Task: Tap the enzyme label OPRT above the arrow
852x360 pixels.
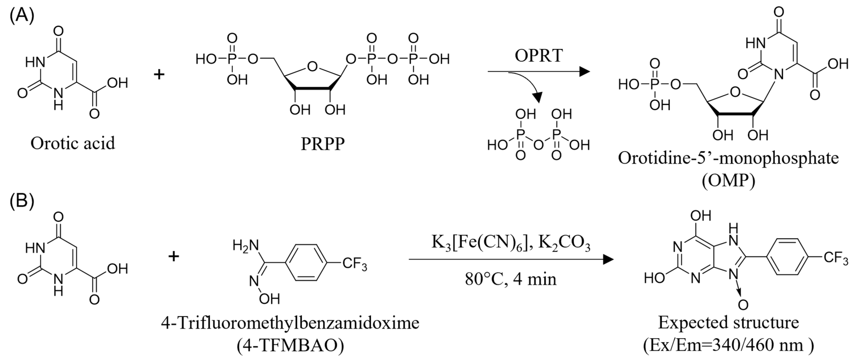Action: [538, 56]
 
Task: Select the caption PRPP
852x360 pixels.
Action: [322, 144]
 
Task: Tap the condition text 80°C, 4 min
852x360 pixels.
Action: [511, 279]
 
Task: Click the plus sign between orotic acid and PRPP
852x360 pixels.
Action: [159, 74]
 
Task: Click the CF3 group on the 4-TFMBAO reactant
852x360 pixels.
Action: [355, 265]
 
